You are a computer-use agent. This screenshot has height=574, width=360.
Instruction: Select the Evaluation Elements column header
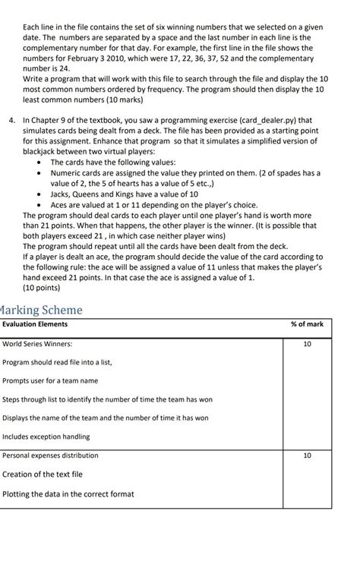click(35, 324)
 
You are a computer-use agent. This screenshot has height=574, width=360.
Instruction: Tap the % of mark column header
click(307, 324)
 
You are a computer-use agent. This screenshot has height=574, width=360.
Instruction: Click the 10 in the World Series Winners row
click(307, 344)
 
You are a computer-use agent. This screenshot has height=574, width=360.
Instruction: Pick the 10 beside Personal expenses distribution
click(307, 456)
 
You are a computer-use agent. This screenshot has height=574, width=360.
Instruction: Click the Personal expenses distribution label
click(51, 456)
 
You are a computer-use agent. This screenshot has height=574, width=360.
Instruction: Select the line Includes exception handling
click(46, 437)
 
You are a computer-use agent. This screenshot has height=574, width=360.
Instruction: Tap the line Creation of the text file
click(43, 475)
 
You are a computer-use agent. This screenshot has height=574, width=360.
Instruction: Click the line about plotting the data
click(68, 494)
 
